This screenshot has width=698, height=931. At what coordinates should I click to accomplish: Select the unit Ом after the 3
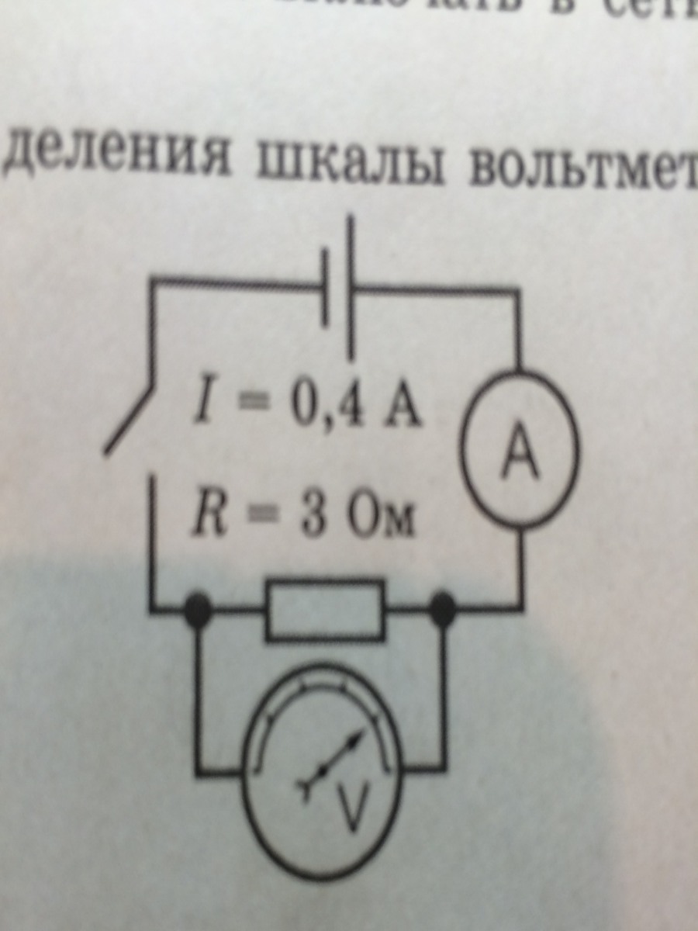pyautogui.click(x=379, y=520)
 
